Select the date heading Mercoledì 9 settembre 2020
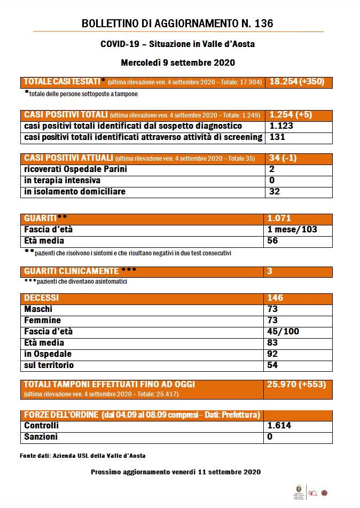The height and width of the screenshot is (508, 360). pyautogui.click(x=178, y=62)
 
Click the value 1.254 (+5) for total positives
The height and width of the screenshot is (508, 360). pyautogui.click(x=291, y=115)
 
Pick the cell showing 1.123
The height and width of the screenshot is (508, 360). pyautogui.click(x=281, y=126)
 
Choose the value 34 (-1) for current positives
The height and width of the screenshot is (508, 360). pyautogui.click(x=283, y=158)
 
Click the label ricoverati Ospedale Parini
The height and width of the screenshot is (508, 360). pyautogui.click(x=76, y=169)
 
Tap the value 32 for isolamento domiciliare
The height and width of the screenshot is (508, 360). pyautogui.click(x=275, y=192)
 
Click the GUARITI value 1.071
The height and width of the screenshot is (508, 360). pyautogui.click(x=281, y=218)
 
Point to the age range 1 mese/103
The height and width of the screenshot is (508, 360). pyautogui.click(x=293, y=230)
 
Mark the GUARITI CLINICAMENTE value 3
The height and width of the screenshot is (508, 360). pyautogui.click(x=270, y=271)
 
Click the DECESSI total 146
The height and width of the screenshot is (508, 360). pyautogui.click(x=276, y=298)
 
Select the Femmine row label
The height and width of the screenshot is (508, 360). pyautogui.click(x=43, y=321)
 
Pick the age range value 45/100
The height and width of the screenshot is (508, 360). pyautogui.click(x=283, y=332)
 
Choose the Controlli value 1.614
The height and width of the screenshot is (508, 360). pyautogui.click(x=279, y=426)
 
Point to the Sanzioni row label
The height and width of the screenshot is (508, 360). pyautogui.click(x=41, y=437)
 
